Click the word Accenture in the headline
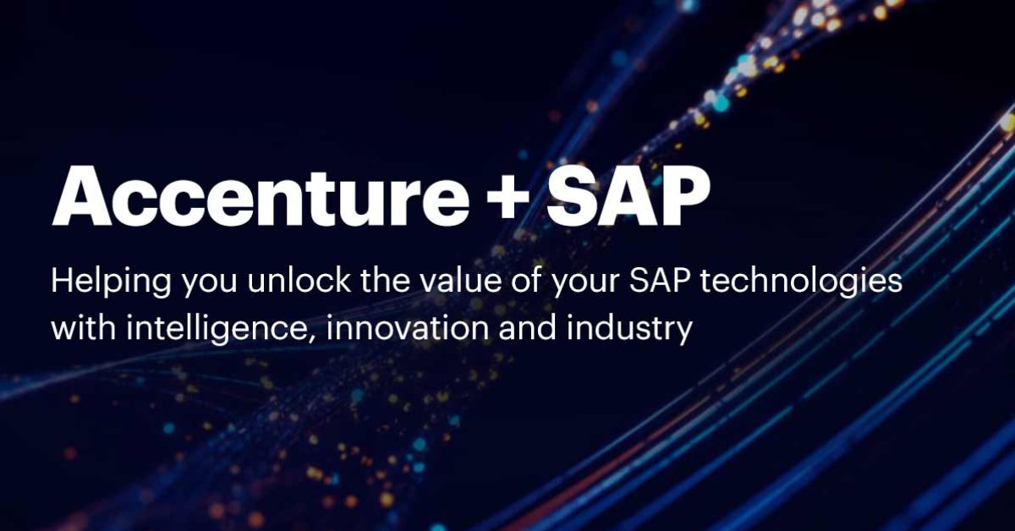261,195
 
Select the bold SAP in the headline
628,195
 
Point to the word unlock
299,281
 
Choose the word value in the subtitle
459,281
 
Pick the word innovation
408,327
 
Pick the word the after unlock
384,281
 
